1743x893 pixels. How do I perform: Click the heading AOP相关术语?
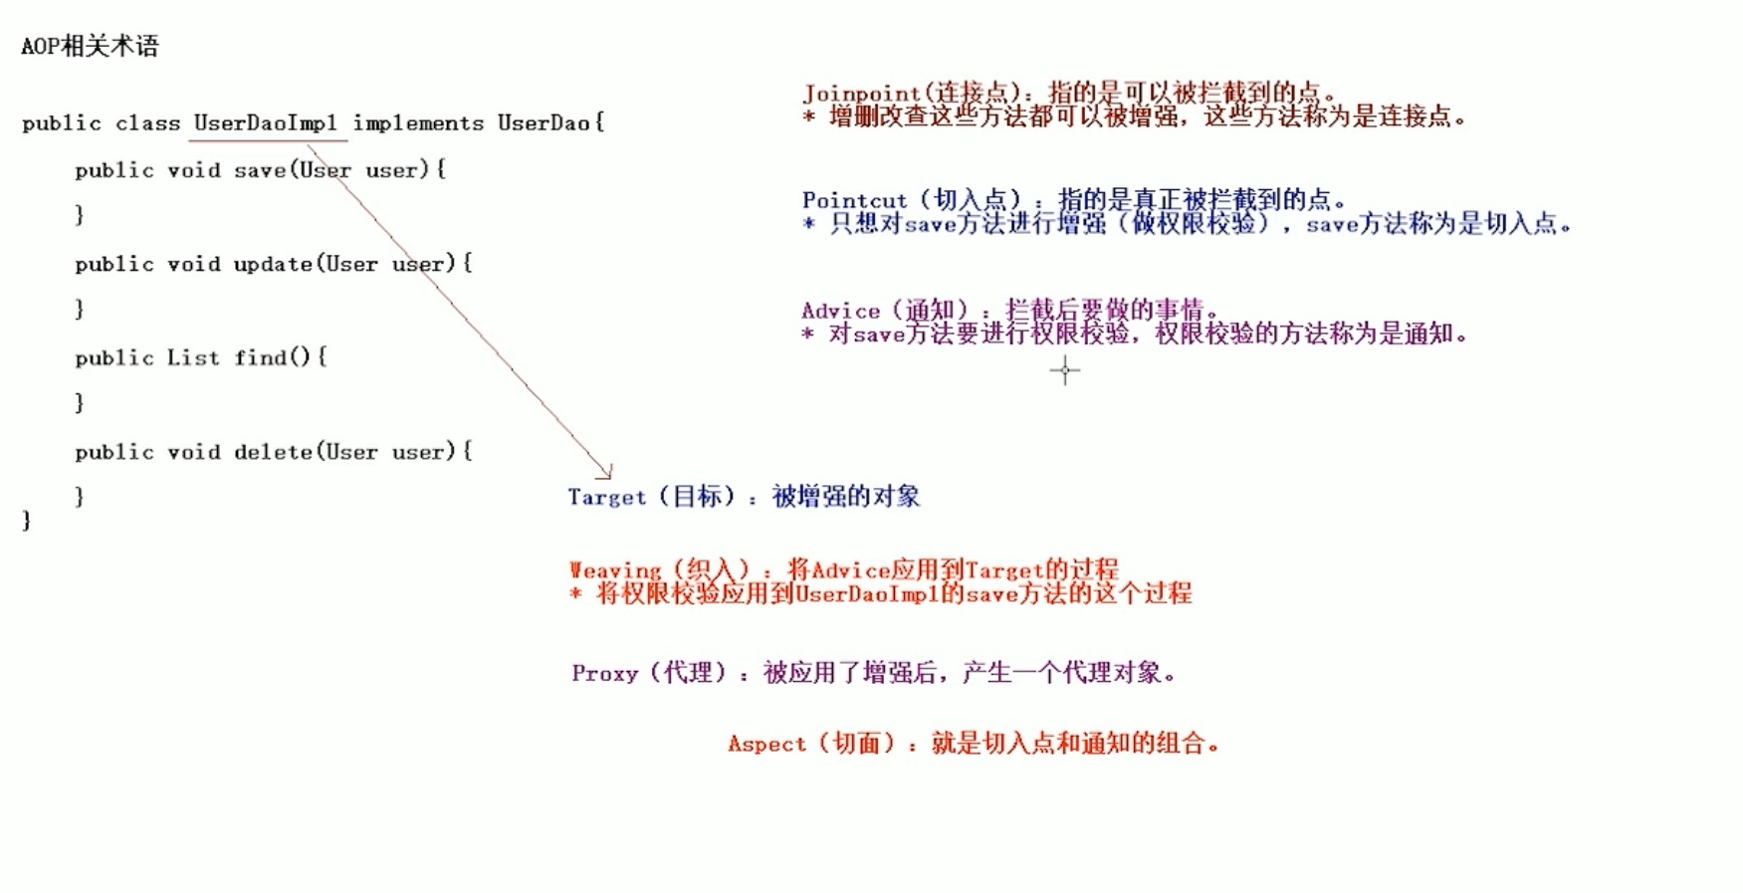click(x=90, y=46)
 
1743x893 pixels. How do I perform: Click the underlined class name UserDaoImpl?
click(x=265, y=123)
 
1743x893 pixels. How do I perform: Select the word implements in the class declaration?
click(x=418, y=123)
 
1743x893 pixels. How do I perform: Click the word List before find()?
click(x=193, y=357)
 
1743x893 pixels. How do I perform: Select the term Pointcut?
click(x=855, y=200)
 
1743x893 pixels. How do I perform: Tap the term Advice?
click(x=841, y=311)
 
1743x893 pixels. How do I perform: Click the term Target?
click(x=607, y=497)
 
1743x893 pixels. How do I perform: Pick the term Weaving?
click(x=615, y=570)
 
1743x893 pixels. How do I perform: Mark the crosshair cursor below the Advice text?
click(x=1064, y=370)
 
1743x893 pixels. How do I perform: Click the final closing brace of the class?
click(x=27, y=521)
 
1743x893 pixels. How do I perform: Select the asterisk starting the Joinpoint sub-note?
click(x=809, y=117)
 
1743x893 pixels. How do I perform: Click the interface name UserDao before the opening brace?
click(x=544, y=123)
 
